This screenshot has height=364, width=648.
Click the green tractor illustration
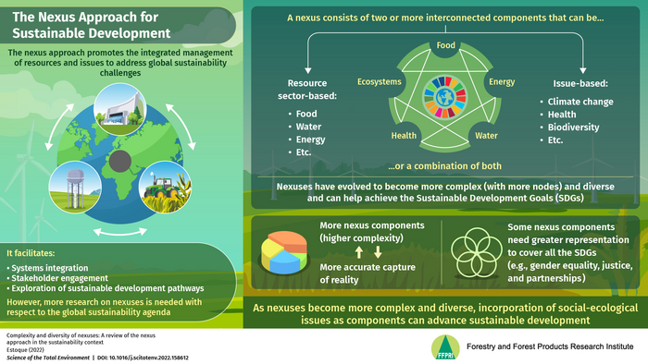[x=163, y=188]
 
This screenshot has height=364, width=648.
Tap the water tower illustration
[x=75, y=188]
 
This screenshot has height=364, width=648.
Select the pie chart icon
[x=284, y=252]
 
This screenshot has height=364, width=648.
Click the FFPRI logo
[x=445, y=347]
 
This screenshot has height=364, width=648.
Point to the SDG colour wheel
[x=445, y=97]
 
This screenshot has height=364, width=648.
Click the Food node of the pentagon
[x=445, y=45]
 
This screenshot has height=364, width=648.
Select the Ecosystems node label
[x=379, y=81]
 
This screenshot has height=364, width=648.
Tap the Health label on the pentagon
[x=404, y=135]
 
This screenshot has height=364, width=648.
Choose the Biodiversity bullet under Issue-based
[x=573, y=127]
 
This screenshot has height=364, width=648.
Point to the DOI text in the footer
[x=143, y=358]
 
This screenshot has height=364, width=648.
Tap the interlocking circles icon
[x=476, y=252]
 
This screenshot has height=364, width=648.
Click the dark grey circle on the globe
[x=120, y=161]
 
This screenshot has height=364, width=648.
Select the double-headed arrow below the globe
[x=119, y=233]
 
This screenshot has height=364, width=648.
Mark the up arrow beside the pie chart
[x=359, y=252]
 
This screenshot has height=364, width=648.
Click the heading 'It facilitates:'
[x=31, y=253]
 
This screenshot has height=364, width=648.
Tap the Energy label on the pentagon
[x=502, y=81]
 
